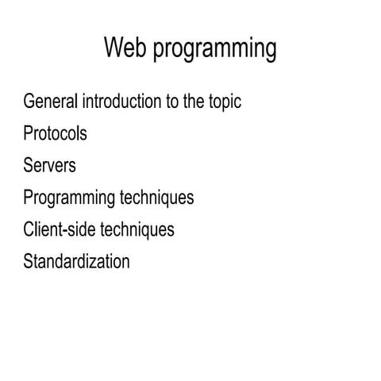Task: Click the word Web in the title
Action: [125, 49]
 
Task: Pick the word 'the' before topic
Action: [189, 102]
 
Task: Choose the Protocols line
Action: [56, 134]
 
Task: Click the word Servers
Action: [50, 166]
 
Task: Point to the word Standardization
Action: [76, 261]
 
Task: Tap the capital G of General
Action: [30, 102]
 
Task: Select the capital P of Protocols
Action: [29, 134]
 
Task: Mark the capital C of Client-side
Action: [29, 229]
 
